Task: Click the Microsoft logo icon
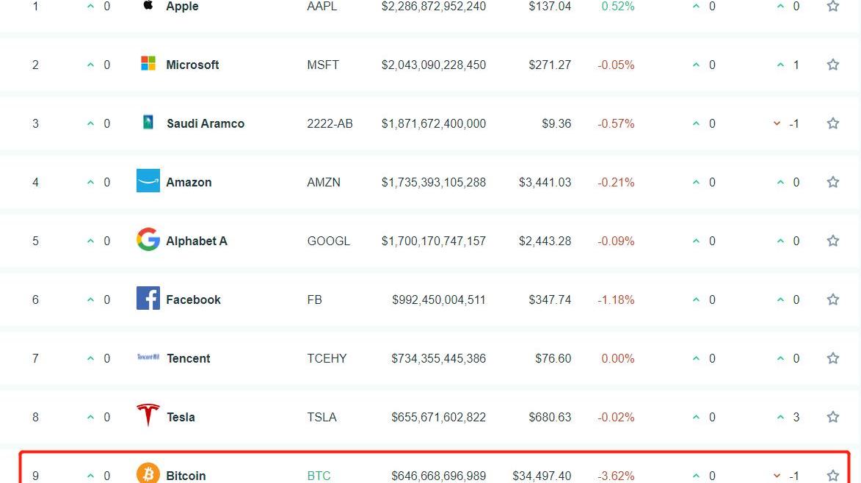tap(148, 64)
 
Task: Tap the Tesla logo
tap(148, 415)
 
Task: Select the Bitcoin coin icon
tap(148, 473)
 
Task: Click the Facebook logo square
tap(148, 298)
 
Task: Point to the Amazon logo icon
tap(148, 181)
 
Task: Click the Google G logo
tap(148, 239)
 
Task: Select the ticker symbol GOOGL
tap(328, 241)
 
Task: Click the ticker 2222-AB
tap(330, 123)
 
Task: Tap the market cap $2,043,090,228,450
tap(433, 65)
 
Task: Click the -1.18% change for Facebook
tap(616, 299)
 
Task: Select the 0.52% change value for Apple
tap(618, 7)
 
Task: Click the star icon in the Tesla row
tap(832, 417)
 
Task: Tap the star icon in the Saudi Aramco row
tap(832, 123)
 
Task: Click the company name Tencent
tap(188, 358)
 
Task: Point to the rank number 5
tap(35, 241)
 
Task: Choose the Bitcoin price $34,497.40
tap(542, 476)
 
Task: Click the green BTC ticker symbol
tap(319, 476)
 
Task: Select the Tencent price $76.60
tap(553, 358)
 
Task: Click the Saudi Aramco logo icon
tap(148, 123)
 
